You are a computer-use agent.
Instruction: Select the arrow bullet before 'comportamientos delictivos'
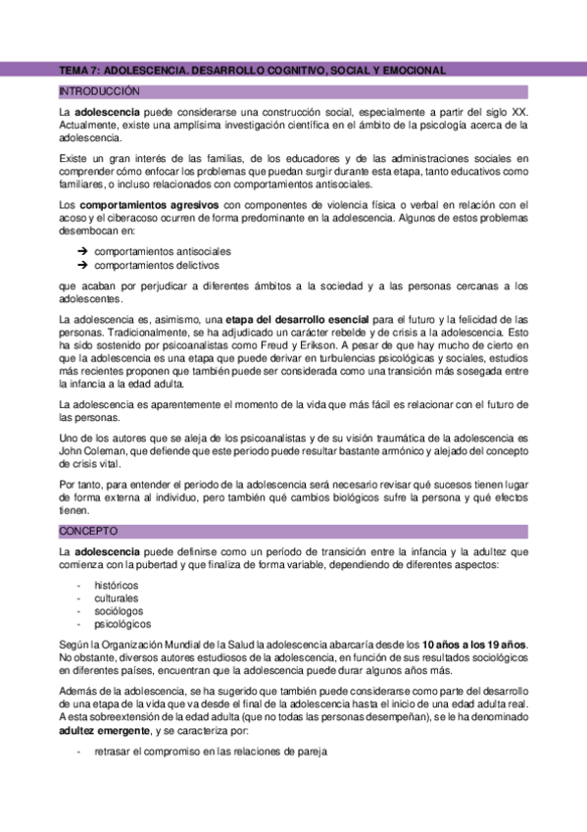[x=82, y=265]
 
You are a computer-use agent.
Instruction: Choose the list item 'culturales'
[x=117, y=598]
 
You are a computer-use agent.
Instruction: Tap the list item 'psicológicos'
[x=122, y=623]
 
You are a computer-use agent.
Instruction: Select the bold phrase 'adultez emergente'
[x=105, y=731]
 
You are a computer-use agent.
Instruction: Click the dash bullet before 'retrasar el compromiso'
[x=78, y=752]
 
